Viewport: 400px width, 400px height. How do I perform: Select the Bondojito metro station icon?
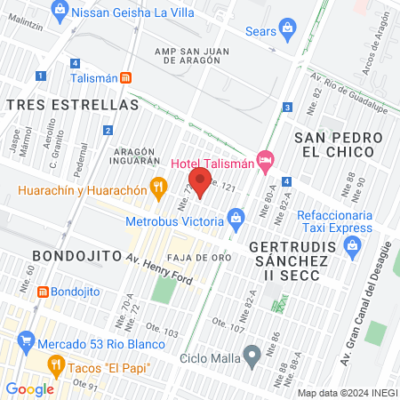coord(42,291)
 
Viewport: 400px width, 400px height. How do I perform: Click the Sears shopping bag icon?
coord(287,28)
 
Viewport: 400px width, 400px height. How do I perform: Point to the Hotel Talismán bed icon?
coord(264,159)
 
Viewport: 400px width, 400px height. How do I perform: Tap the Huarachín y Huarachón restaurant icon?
coord(159,187)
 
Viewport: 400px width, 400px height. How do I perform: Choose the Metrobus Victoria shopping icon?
coord(236,216)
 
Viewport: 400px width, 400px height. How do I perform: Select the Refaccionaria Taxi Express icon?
coord(355,252)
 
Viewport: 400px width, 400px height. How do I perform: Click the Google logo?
coord(29,388)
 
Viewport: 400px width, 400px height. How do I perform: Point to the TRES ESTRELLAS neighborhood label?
coord(72,105)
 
